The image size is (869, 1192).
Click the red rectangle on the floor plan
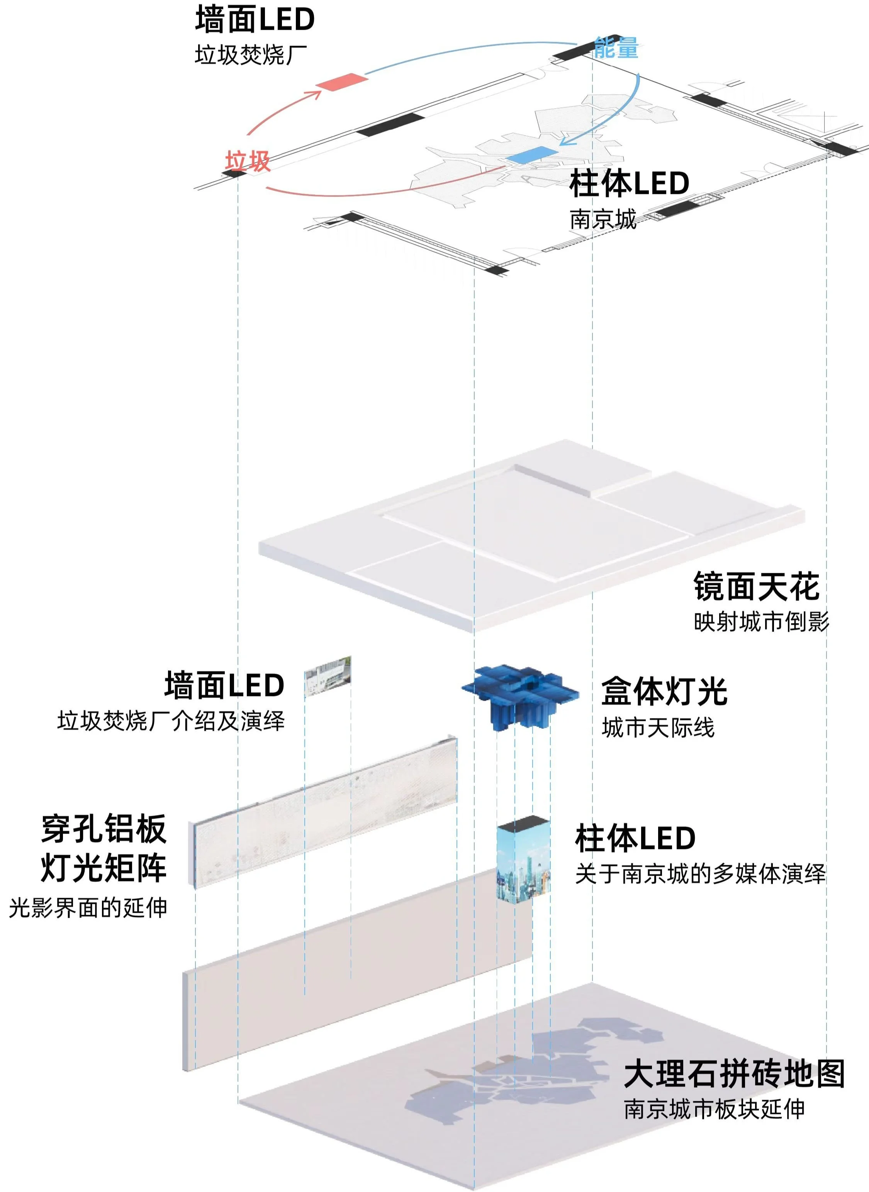(x=341, y=82)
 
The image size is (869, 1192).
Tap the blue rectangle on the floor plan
(x=531, y=156)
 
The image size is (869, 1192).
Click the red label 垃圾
(x=248, y=161)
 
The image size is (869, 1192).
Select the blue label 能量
(x=616, y=48)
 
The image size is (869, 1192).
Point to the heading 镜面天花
(x=756, y=586)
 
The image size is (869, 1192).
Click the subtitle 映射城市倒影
(x=761, y=622)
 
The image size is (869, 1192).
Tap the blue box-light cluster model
(x=520, y=695)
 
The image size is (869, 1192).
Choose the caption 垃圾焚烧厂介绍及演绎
(x=171, y=721)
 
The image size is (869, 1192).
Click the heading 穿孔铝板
(x=104, y=830)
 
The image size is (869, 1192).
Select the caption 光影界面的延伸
(x=88, y=907)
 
